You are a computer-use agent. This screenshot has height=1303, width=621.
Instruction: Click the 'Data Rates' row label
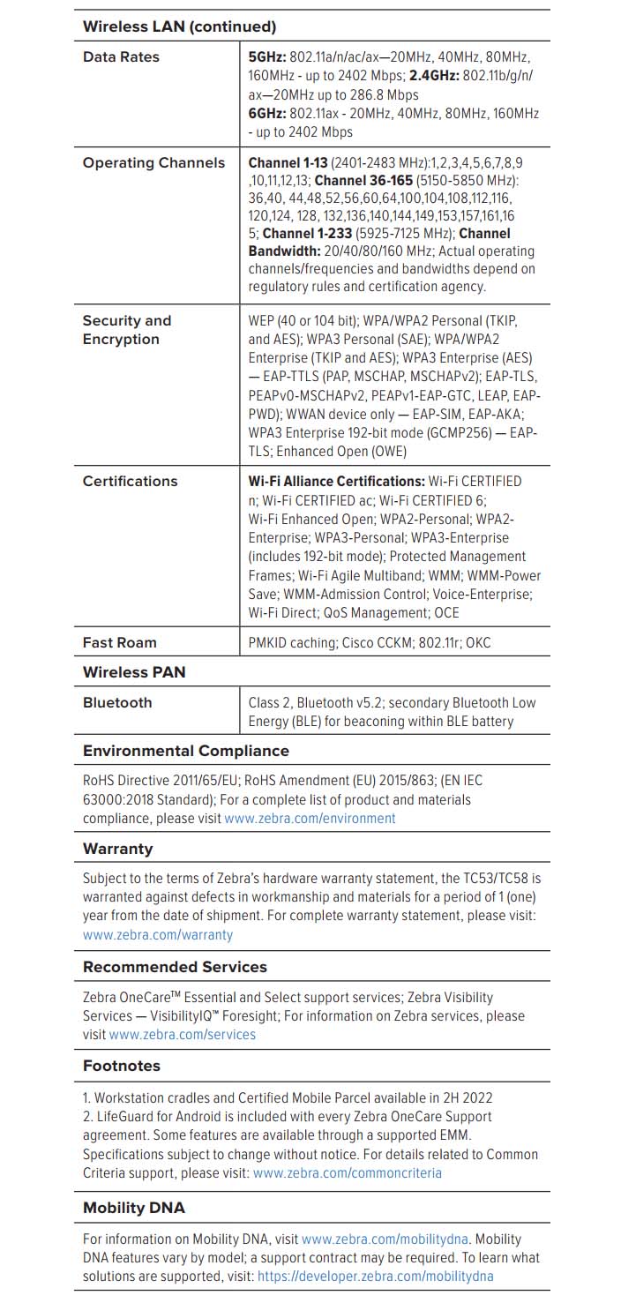pyautogui.click(x=121, y=56)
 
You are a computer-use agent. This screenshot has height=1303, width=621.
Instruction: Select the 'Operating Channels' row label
pyautogui.click(x=153, y=162)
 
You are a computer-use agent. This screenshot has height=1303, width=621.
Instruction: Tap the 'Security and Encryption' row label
pyautogui.click(x=126, y=330)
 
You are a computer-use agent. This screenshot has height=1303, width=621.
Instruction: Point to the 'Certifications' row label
pyautogui.click(x=130, y=481)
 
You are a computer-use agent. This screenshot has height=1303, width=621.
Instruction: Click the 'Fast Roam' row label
pyautogui.click(x=119, y=642)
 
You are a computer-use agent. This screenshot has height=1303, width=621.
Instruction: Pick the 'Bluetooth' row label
pyautogui.click(x=117, y=702)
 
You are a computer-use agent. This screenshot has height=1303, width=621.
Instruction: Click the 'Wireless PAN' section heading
pyautogui.click(x=134, y=672)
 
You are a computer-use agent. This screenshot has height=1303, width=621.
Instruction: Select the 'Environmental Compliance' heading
pyautogui.click(x=185, y=751)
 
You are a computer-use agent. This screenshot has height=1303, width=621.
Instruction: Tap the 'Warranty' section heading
pyautogui.click(x=117, y=849)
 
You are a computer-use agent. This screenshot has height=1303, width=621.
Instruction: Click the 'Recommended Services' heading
pyautogui.click(x=175, y=967)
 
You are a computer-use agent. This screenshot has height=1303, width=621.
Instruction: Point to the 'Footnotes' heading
pyautogui.click(x=122, y=1066)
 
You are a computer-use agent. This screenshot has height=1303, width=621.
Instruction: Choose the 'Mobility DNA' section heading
pyautogui.click(x=134, y=1208)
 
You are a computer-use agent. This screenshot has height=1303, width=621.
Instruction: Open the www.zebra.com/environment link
pyautogui.click(x=310, y=819)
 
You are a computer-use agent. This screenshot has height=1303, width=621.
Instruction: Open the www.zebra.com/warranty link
pyautogui.click(x=158, y=934)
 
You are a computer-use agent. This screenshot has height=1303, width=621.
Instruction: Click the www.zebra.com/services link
pyautogui.click(x=182, y=1035)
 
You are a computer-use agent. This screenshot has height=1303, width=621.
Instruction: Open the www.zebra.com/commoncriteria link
pyautogui.click(x=348, y=1173)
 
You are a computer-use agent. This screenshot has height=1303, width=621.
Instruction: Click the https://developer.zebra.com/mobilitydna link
pyautogui.click(x=375, y=1277)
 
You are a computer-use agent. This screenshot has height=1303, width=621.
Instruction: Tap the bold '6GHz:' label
pyautogui.click(x=266, y=113)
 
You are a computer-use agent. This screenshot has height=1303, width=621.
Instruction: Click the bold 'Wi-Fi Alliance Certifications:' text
pyautogui.click(x=336, y=482)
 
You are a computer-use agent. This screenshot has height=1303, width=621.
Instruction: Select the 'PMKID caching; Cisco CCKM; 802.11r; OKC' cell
pyautogui.click(x=370, y=643)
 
